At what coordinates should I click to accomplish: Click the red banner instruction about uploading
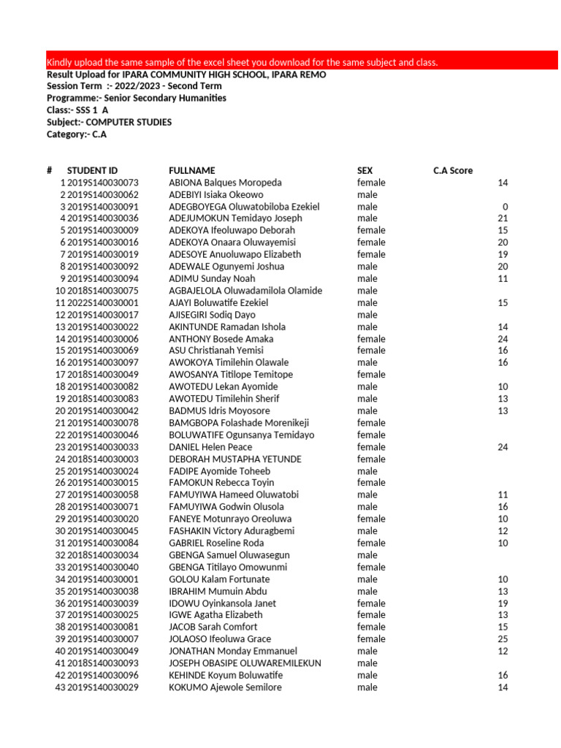coord(242,62)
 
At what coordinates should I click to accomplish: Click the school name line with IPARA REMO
coord(186,75)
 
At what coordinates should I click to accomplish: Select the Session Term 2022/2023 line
coord(134,86)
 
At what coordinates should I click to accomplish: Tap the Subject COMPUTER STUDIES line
coord(110,122)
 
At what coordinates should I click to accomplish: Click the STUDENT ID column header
coord(92,170)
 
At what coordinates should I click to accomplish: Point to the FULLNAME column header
coord(191,170)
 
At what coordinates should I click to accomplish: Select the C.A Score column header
coord(453,170)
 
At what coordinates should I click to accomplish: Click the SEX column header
coord(365,170)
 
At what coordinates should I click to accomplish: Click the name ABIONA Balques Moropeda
coord(225,183)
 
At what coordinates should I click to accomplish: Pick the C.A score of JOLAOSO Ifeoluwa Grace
coord(502,639)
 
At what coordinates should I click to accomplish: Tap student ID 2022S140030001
coord(102,302)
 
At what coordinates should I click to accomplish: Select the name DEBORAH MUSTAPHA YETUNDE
coord(234,459)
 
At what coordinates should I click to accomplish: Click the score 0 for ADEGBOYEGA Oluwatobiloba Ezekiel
coord(505,207)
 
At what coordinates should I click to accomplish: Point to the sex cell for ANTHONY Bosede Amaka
coord(371,339)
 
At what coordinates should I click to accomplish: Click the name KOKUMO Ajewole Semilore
coord(225,687)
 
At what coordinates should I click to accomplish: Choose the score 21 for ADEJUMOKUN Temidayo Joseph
coord(502,218)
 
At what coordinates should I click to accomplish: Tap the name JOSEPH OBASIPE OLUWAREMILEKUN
coord(245,663)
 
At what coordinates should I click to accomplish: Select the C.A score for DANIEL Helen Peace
coord(502,447)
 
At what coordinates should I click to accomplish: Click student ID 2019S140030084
coord(102,543)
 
